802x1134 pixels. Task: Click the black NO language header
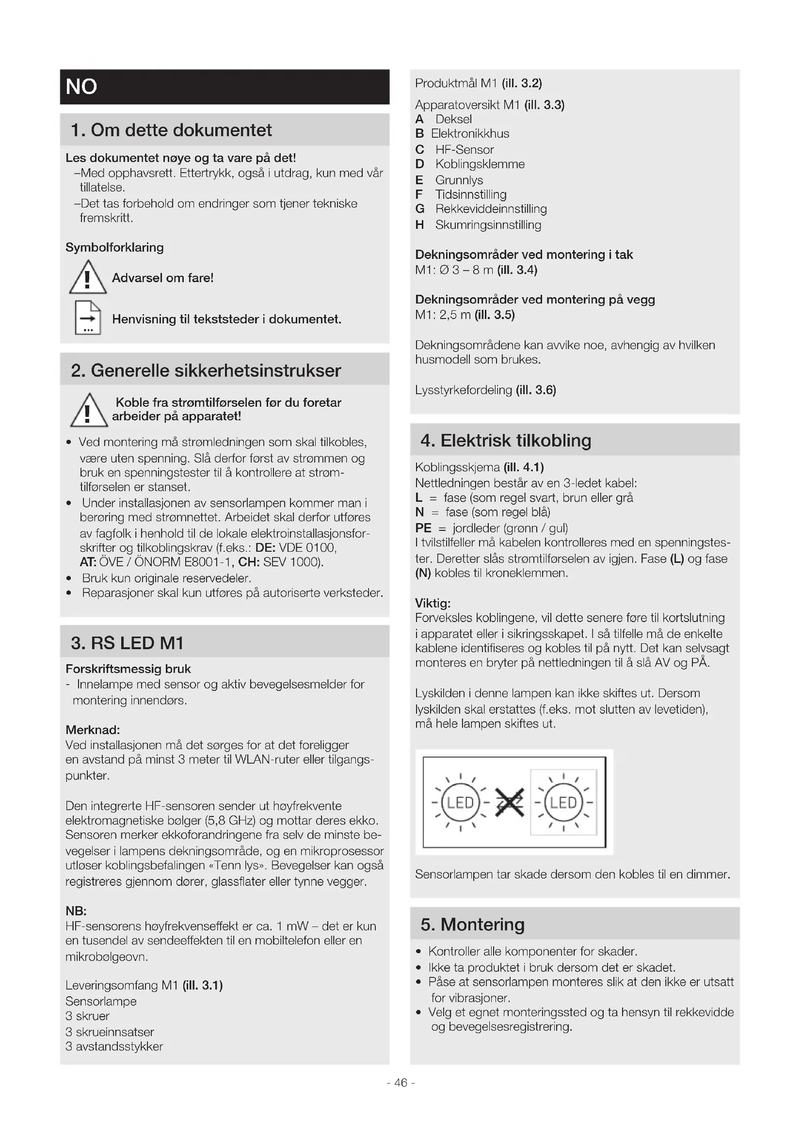tap(224, 87)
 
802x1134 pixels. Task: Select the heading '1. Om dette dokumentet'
tap(171, 130)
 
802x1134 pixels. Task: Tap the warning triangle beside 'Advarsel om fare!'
tap(88, 278)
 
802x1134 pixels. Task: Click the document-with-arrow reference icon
tap(88, 318)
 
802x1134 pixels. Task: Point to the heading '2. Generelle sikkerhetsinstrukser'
tap(206, 370)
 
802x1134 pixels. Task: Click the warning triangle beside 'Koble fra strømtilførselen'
tap(88, 411)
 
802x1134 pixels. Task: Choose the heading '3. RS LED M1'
tap(127, 642)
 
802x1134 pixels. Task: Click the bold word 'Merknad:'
tap(92, 730)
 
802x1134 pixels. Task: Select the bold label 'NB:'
tap(76, 911)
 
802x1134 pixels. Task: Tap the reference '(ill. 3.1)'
tap(203, 985)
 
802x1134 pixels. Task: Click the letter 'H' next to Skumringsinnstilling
tap(419, 225)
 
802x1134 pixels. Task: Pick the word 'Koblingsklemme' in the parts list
tap(480, 164)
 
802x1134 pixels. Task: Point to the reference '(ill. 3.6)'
tap(536, 390)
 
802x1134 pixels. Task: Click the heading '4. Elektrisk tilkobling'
tap(505, 440)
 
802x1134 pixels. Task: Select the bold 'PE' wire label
tap(423, 528)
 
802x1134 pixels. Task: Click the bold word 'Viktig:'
tap(433, 603)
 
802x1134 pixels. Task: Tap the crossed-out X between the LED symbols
tap(509, 802)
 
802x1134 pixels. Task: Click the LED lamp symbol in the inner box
tap(563, 802)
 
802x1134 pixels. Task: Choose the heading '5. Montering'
tap(472, 924)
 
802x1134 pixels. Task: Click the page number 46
tap(401, 1083)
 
